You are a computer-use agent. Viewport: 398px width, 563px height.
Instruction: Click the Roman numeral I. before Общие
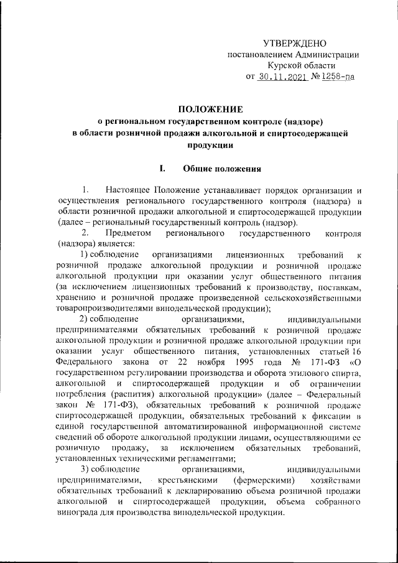(x=162, y=168)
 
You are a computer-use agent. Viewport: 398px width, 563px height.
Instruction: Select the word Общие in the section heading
(x=197, y=168)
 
